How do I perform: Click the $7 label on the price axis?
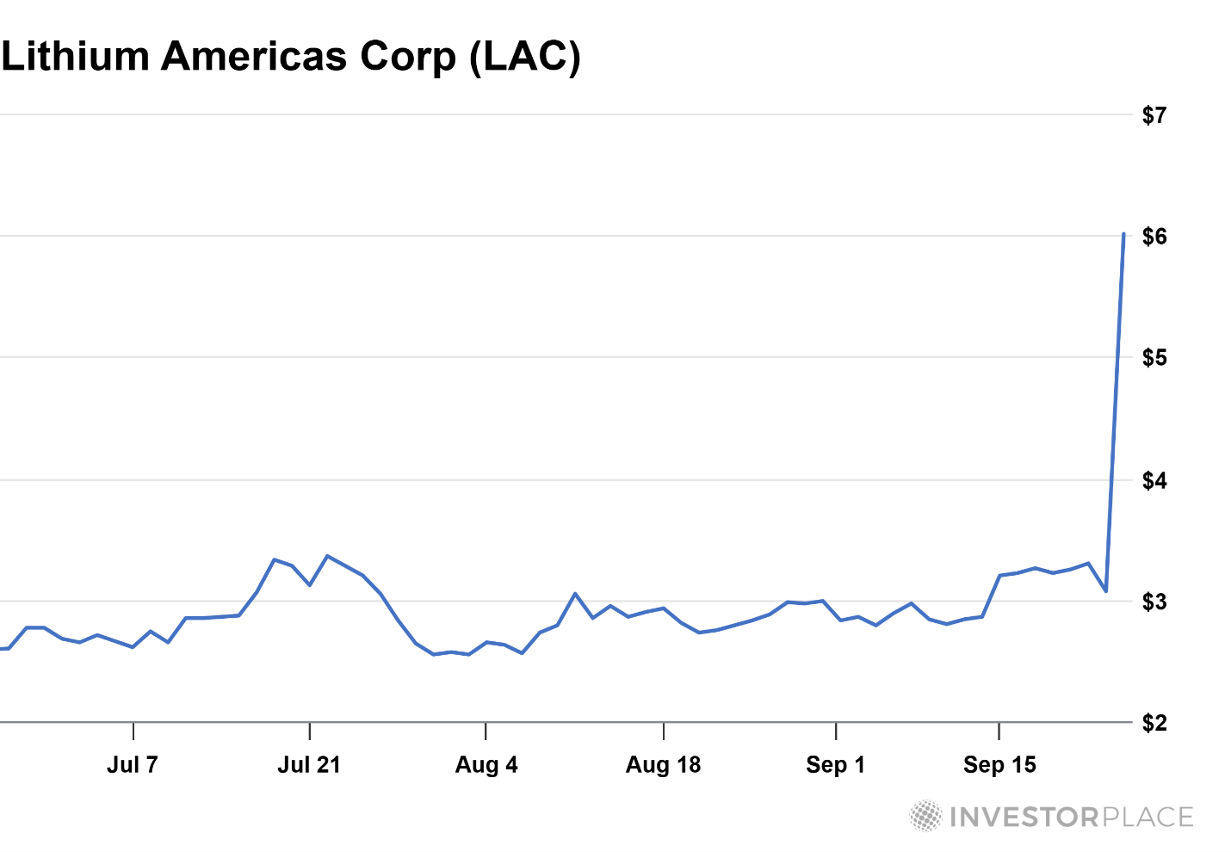click(1154, 115)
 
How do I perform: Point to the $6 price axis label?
click(1154, 237)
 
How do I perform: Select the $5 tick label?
click(1154, 358)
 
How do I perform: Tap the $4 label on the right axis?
click(1154, 480)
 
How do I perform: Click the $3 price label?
click(1154, 602)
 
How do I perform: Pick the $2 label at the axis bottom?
click(1154, 723)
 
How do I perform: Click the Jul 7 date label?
click(133, 764)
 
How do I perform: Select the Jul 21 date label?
click(309, 764)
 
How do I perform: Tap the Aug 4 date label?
click(486, 764)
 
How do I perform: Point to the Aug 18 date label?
click(663, 764)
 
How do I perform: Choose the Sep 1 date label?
click(835, 764)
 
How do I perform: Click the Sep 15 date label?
click(999, 764)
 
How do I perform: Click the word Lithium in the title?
click(76, 57)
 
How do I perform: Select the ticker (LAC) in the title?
click(525, 57)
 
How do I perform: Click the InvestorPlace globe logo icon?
click(926, 816)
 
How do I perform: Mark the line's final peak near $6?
click(1123, 234)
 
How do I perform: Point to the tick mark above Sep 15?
click(999, 732)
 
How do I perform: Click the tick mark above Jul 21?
click(309, 732)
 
